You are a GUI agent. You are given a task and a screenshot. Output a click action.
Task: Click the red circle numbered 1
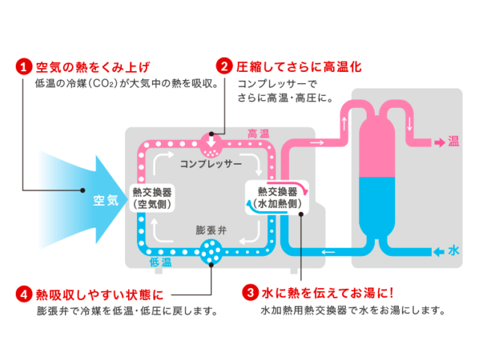click(25, 67)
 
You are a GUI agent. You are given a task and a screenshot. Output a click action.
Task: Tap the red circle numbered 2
click(223, 67)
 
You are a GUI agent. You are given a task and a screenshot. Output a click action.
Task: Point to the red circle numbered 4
click(25, 293)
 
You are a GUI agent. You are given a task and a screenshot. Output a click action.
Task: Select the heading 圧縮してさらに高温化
click(298, 67)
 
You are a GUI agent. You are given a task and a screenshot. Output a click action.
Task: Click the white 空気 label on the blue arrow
click(106, 200)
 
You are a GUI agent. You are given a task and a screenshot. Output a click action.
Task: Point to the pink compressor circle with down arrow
click(212, 140)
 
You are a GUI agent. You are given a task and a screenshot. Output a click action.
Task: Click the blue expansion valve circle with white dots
click(212, 251)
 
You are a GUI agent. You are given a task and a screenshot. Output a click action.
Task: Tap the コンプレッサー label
click(210, 162)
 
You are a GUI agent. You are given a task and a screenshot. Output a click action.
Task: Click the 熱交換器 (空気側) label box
click(153, 195)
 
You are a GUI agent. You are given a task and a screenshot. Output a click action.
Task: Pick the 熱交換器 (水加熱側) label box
click(278, 196)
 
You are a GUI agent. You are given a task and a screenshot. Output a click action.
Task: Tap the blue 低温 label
click(162, 262)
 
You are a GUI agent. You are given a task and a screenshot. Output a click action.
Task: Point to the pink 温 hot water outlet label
click(453, 141)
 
